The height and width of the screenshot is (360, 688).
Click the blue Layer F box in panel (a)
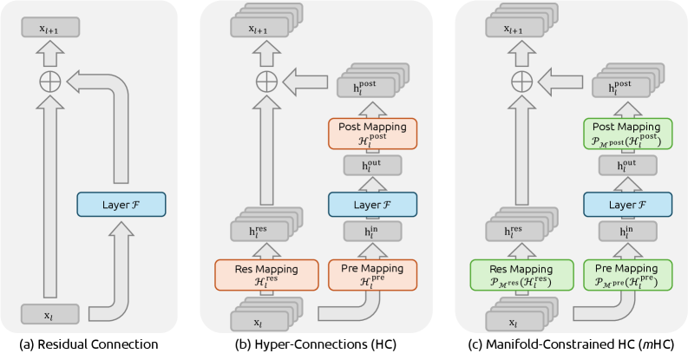point(120,205)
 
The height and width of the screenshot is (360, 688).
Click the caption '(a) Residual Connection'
point(90,345)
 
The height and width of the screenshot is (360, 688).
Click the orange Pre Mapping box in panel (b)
point(373,274)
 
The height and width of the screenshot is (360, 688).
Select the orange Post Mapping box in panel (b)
point(373,133)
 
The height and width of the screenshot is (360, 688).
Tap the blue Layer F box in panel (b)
point(373,205)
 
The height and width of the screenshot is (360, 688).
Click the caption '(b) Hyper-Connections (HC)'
point(318,345)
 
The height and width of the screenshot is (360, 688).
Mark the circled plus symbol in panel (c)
point(520,82)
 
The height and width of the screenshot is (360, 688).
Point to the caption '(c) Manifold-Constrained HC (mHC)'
point(573,345)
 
